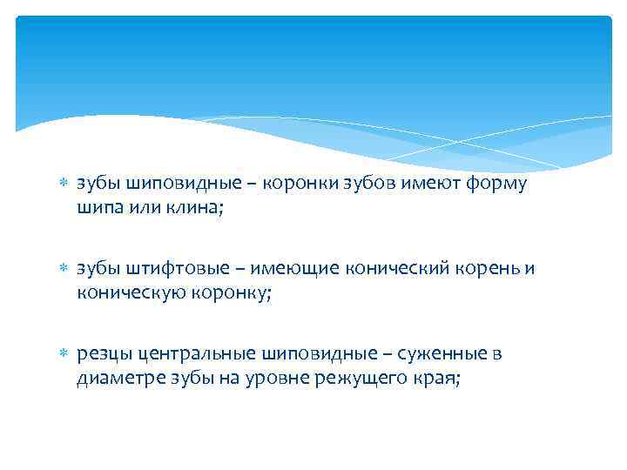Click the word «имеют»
[x=436, y=185]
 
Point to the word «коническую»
[x=127, y=294]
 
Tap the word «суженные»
[x=442, y=354]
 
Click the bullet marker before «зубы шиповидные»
[x=63, y=185]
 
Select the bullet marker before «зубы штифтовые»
[x=63, y=270]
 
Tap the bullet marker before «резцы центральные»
[x=63, y=354]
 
